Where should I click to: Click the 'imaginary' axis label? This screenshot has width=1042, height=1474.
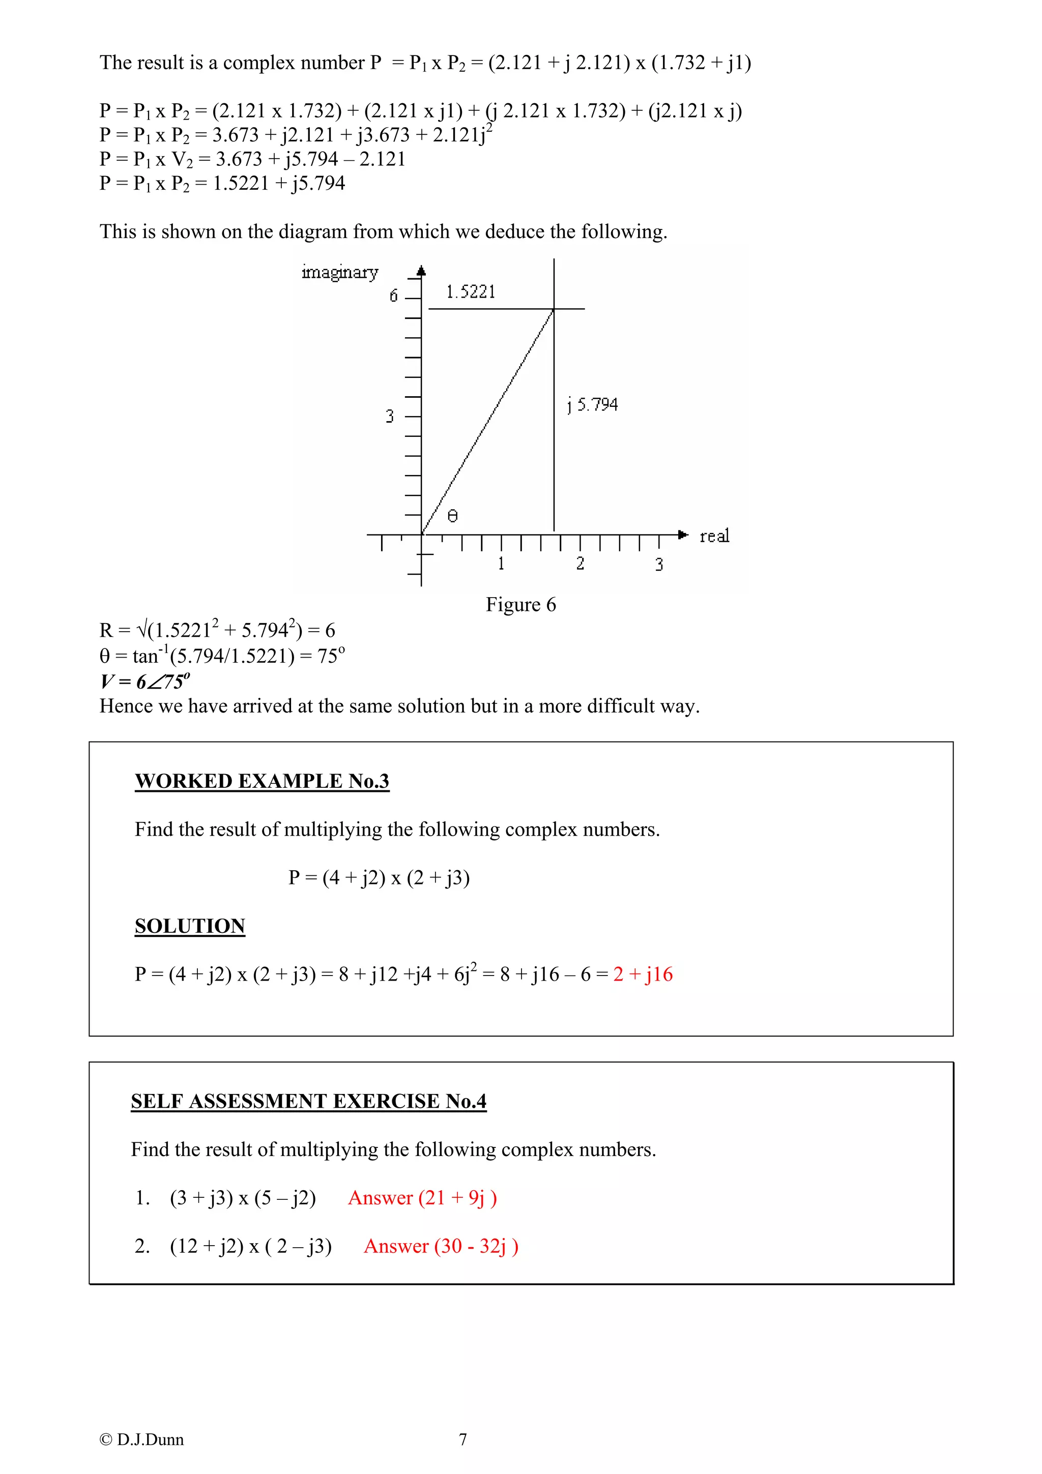coord(340,272)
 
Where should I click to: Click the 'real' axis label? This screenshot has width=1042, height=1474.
coord(714,536)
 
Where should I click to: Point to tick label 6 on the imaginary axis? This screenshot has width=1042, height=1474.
coord(394,296)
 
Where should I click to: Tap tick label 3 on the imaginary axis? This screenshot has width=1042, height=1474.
coord(389,417)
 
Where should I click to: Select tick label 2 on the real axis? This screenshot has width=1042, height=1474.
coord(580,564)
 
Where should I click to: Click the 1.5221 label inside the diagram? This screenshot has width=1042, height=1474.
coord(471,292)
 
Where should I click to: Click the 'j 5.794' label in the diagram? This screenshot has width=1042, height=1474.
coord(592,404)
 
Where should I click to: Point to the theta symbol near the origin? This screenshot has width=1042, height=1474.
coord(453,516)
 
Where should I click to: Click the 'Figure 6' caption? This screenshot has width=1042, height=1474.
coord(520,605)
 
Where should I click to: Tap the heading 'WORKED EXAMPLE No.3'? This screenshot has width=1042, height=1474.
coord(262,781)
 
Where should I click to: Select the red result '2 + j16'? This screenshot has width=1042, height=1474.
coord(643,975)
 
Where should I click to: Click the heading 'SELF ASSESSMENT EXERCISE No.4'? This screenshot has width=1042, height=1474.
coord(308,1101)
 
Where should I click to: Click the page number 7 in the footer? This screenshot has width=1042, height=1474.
coord(462,1439)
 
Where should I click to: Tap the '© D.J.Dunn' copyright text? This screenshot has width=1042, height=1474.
coord(141,1439)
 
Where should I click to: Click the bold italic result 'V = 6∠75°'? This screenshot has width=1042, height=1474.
coord(145,681)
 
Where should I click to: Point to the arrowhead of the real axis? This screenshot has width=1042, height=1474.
coord(683,534)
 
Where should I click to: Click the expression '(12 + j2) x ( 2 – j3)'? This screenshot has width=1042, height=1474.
coord(250,1246)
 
